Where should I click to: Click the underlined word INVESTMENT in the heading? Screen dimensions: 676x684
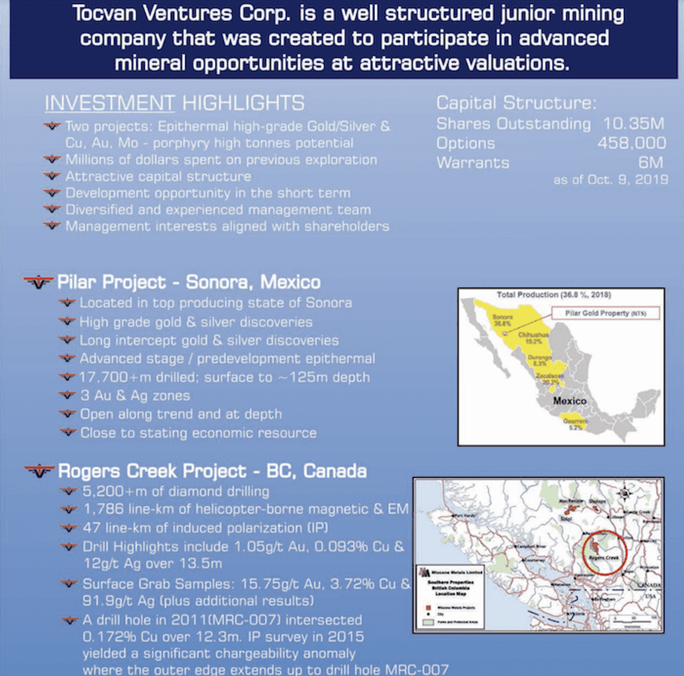click(x=110, y=104)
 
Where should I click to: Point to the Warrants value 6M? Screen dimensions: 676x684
click(x=650, y=163)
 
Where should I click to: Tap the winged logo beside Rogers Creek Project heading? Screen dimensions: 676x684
click(x=39, y=471)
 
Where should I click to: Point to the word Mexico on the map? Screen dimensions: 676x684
click(x=570, y=401)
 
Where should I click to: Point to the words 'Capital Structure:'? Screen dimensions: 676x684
click(x=516, y=104)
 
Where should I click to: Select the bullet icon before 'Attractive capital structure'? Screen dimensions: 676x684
click(x=52, y=176)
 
